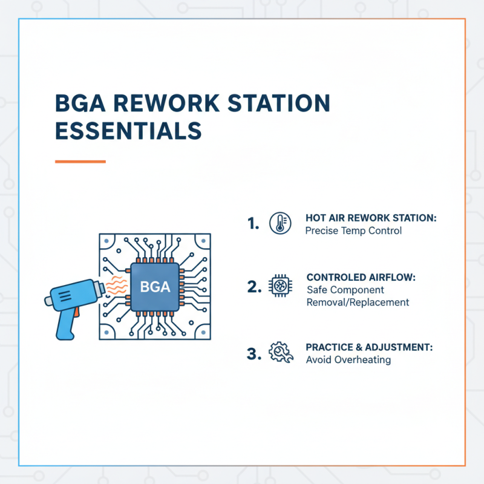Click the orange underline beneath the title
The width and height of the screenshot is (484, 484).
pos(80,162)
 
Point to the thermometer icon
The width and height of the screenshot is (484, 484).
pos(278,222)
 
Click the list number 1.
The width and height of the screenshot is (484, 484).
pos(253,224)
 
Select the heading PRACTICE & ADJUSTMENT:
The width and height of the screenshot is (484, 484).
pos(362,347)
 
